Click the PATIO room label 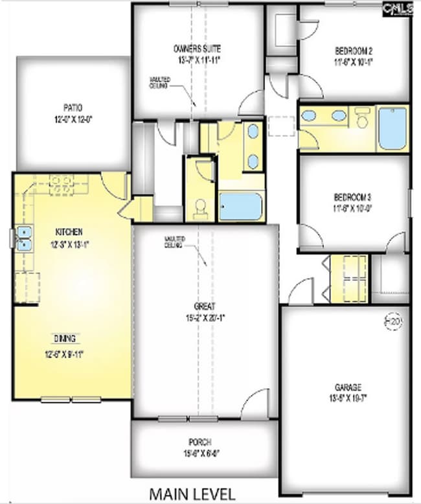[73, 108]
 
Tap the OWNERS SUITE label [198, 49]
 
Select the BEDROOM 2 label [354, 50]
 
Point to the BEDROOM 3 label [353, 196]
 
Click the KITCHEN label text [69, 231]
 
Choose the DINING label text [65, 338]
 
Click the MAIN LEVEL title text [192, 493]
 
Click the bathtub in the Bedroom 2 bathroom [393, 128]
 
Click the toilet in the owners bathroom [201, 207]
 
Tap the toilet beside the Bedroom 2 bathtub [362, 119]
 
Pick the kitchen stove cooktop [62, 181]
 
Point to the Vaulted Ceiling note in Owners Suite [159, 82]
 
